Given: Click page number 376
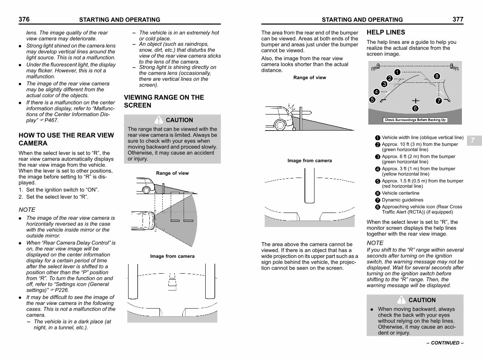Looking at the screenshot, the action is [x=24, y=19].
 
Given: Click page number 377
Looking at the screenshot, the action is [x=458, y=19].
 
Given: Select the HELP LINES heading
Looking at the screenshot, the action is [x=386, y=32].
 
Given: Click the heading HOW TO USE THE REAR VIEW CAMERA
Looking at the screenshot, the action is [x=66, y=139].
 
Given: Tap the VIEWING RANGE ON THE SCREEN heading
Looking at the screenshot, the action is [x=164, y=101].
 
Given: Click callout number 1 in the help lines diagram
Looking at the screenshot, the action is [x=397, y=72].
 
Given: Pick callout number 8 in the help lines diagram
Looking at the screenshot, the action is [x=437, y=76].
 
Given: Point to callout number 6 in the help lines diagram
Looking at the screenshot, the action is [x=415, y=108].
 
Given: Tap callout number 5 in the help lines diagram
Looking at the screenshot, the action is [x=372, y=100].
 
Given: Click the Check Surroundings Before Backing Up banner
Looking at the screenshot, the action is [x=415, y=120].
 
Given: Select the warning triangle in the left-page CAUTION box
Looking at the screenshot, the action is [x=159, y=120].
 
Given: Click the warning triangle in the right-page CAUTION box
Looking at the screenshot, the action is [x=401, y=300].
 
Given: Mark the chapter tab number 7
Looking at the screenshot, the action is [x=473, y=140].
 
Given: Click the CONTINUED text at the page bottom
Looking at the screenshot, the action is [x=445, y=343].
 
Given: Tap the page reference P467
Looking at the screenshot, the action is [x=51, y=121].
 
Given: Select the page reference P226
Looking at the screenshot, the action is [x=62, y=290].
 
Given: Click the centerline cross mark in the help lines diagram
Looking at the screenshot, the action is [x=415, y=101].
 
